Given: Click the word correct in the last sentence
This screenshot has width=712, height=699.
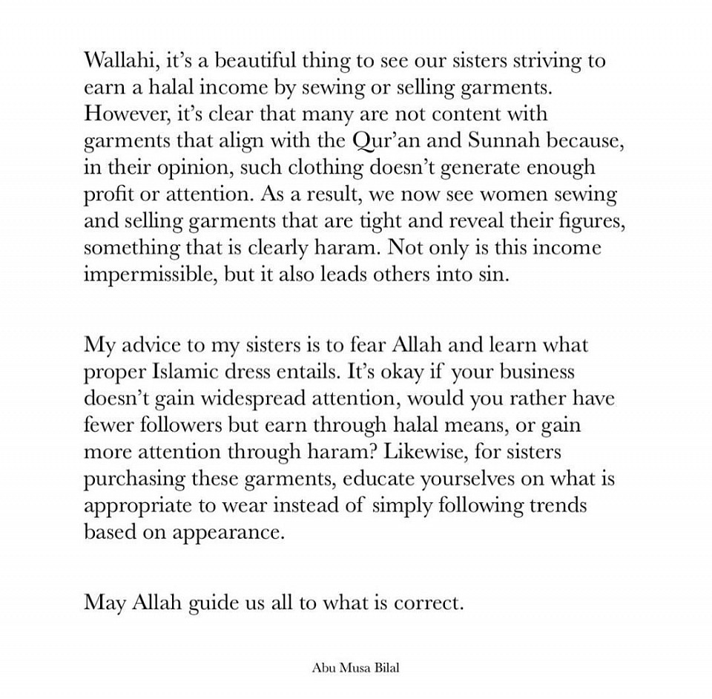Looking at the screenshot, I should pyautogui.click(x=429, y=603).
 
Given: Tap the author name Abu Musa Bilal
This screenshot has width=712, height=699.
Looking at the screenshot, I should pyautogui.click(x=356, y=668).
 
